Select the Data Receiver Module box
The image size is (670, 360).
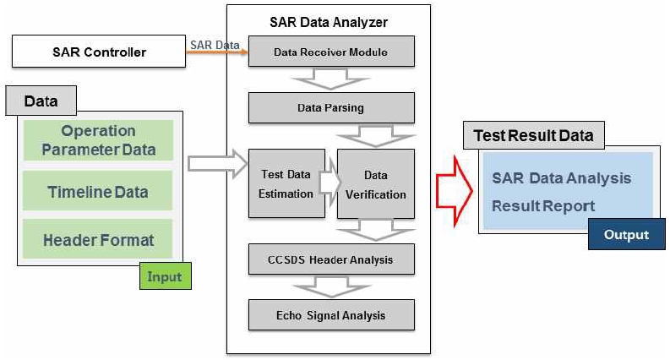tap(330, 52)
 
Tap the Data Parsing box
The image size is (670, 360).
tap(330, 108)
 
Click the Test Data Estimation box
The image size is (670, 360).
tap(286, 183)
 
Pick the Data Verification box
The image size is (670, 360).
tap(376, 183)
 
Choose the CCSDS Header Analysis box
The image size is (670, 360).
tap(330, 259)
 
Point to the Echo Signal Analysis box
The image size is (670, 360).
tap(330, 315)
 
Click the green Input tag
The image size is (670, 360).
tap(164, 275)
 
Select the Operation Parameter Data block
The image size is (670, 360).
tap(98, 140)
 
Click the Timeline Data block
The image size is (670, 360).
tap(98, 192)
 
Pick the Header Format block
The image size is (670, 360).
tap(98, 240)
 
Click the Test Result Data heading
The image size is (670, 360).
tap(533, 135)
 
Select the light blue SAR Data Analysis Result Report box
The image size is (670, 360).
tap(561, 191)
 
